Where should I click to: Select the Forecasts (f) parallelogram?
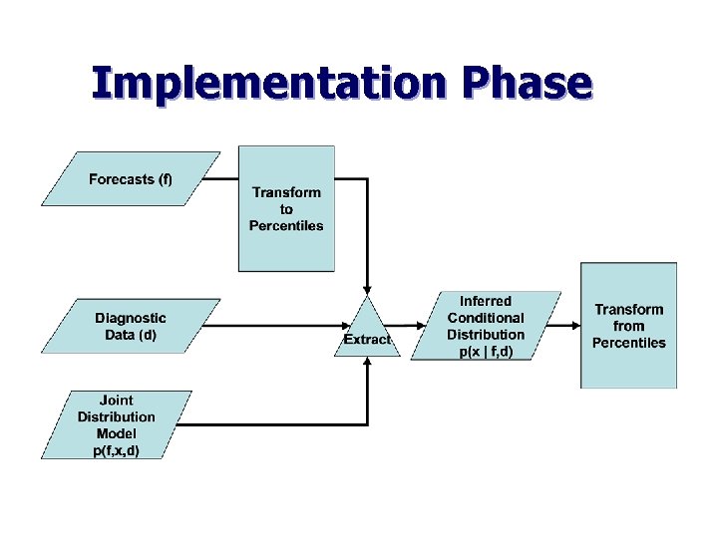tap(131, 179)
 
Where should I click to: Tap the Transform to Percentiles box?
tap(286, 208)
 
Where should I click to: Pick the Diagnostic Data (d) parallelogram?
tap(131, 326)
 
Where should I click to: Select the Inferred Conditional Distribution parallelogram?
tap(486, 327)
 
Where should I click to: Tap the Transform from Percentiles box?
tap(628, 326)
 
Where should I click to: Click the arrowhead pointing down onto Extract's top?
tap(368, 287)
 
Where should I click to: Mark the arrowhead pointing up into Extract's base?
tap(368, 363)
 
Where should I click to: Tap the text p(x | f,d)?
tap(486, 352)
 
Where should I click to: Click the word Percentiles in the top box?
tap(286, 226)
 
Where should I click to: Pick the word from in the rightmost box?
tap(628, 326)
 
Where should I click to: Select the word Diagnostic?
tap(131, 318)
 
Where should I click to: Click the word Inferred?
tap(486, 301)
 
